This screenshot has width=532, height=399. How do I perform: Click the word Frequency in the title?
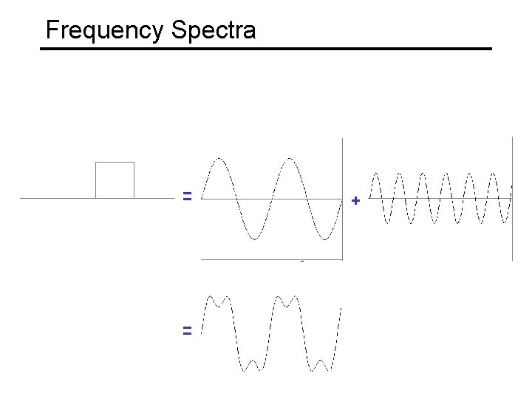[104, 31]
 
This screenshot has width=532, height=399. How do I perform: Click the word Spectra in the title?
[214, 31]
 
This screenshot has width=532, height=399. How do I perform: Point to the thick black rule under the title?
[265, 49]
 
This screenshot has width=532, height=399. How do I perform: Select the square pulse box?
[115, 180]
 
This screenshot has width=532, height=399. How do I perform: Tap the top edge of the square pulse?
[115, 162]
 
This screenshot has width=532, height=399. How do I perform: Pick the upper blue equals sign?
[188, 197]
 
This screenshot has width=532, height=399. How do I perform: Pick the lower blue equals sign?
[188, 331]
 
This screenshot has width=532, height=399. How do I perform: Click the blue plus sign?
[355, 200]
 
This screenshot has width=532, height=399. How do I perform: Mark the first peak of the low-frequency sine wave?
[220, 158]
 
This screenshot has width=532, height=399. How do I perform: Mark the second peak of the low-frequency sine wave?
[290, 158]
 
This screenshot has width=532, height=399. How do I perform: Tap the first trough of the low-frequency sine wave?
[255, 239]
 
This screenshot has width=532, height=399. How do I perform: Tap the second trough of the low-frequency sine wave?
[324, 239]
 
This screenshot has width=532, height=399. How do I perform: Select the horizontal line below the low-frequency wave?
[272, 259]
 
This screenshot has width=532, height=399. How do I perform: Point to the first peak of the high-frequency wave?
[376, 174]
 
